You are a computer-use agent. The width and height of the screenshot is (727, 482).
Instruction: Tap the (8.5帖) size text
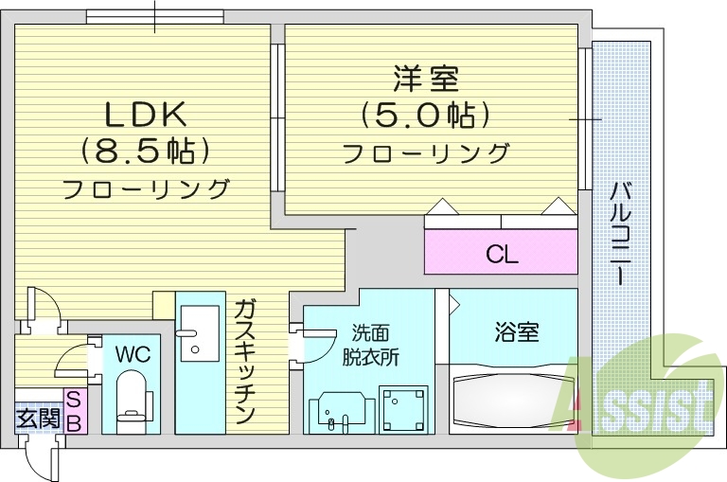pos(144,150)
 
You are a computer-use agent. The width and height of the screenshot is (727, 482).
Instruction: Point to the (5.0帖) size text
pos(425,115)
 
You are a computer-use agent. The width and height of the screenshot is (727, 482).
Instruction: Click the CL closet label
pos(501,254)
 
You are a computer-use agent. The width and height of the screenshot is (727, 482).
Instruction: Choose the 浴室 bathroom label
pos(516,332)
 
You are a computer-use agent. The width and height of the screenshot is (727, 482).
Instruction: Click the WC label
pos(133,354)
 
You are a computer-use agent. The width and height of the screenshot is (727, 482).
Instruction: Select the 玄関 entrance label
pos(38,416)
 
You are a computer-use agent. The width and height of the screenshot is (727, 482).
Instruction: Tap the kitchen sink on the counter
pos(198,332)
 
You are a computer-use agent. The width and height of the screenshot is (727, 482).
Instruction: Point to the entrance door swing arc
pos(42,459)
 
